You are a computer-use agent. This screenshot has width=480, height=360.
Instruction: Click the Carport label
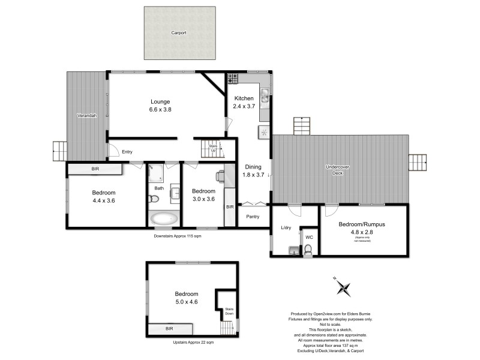(179, 32)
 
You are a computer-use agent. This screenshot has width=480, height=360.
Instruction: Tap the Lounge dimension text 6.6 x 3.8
(160, 110)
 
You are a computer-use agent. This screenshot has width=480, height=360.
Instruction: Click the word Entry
(127, 152)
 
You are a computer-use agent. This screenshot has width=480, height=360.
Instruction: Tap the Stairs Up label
(212, 148)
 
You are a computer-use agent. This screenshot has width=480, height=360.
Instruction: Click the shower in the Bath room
(155, 174)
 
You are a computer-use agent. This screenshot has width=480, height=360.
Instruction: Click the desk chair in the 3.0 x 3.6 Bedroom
(221, 176)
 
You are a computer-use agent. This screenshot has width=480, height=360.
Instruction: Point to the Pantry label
(253, 217)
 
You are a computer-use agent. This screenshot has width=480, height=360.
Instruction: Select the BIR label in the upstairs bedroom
(169, 329)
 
